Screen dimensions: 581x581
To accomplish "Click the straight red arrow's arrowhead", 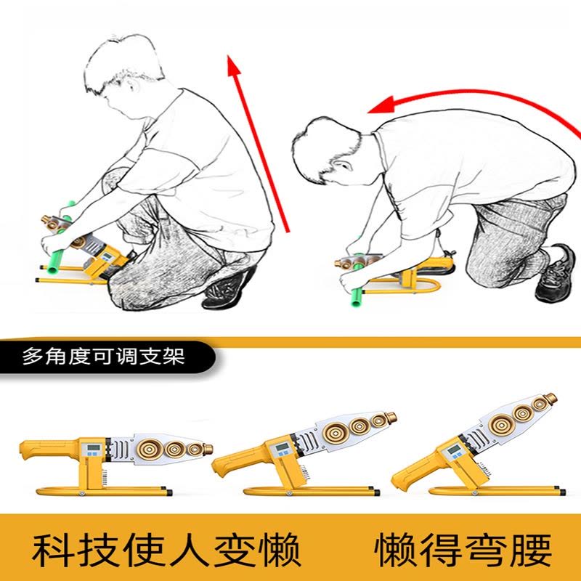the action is pyautogui.click(x=233, y=65).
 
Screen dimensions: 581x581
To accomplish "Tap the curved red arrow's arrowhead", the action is pyautogui.click(x=381, y=105).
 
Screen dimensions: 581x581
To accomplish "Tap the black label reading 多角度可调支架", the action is pyautogui.click(x=104, y=357).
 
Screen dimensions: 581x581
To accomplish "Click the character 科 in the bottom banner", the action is pyautogui.click(x=51, y=550).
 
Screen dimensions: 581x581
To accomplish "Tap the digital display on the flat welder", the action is pyautogui.click(x=94, y=447).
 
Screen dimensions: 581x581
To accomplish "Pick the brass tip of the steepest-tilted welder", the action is pyautogui.click(x=550, y=398).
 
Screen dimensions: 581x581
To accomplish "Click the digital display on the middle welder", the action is pyautogui.click(x=283, y=447).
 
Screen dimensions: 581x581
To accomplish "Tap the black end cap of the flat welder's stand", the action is pyautogui.click(x=169, y=493).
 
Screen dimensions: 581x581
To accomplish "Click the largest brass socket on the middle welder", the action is pyautogui.click(x=336, y=432).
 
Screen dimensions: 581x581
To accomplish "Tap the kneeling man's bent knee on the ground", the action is pyautogui.click(x=482, y=270).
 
